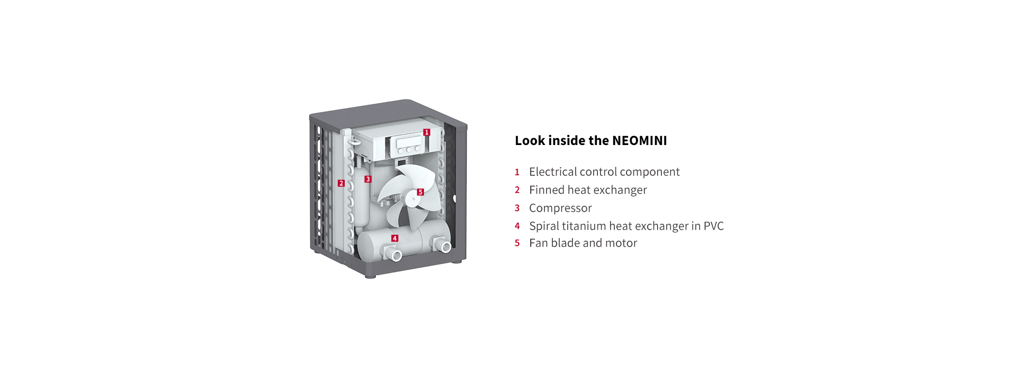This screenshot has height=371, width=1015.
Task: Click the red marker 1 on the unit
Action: coord(427,132)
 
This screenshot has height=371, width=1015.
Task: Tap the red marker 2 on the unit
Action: coord(341,183)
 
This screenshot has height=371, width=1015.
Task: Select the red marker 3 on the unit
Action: coord(368,179)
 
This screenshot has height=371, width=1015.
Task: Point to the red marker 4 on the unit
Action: coord(394,238)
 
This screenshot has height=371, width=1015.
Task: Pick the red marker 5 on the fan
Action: coord(420,192)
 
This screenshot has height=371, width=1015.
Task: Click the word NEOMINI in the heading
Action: coord(639,141)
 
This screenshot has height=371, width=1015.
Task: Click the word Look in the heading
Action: coord(530,141)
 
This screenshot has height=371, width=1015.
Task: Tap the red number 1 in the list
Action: coord(517,172)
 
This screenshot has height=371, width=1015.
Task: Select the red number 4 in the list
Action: coord(517,226)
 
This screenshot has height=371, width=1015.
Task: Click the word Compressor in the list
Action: coord(560,208)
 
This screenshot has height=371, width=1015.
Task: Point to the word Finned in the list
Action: coord(547,190)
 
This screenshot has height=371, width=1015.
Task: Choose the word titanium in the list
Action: coord(584,226)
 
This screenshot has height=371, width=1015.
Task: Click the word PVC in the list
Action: coord(714,226)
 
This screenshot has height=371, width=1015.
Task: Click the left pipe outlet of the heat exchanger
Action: coord(394,256)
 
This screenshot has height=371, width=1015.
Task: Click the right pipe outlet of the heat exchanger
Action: coord(443,246)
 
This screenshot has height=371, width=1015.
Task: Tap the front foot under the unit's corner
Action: coord(370,276)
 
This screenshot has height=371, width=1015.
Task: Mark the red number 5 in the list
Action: coord(517,243)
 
